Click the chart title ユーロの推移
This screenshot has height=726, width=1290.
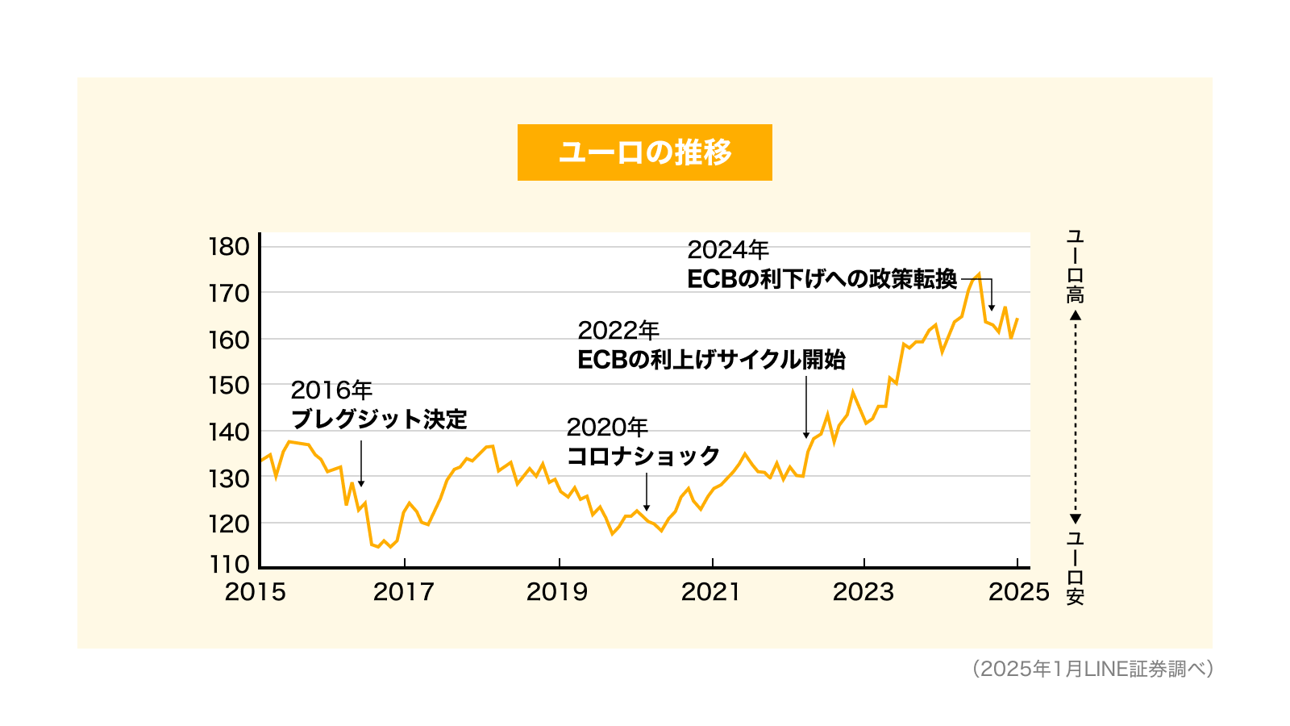[645, 152]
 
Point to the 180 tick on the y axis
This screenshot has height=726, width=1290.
[229, 247]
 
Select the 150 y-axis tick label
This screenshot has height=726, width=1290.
[229, 386]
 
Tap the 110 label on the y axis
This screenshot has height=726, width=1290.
[229, 564]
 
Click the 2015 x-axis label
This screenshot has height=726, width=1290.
[255, 592]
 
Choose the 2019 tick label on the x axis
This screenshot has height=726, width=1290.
[557, 592]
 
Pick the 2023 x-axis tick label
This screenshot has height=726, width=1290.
[863, 592]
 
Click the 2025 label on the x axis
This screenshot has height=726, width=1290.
[1019, 592]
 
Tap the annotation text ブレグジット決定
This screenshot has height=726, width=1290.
[379, 419]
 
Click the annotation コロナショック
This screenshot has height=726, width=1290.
[643, 456]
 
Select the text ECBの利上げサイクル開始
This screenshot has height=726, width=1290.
[711, 360]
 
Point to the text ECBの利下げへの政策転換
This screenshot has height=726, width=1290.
[822, 279]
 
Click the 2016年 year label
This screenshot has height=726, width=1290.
[331, 390]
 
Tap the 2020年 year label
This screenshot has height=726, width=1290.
[607, 427]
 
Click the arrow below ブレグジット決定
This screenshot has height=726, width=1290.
[361, 464]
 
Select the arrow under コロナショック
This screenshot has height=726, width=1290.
[647, 492]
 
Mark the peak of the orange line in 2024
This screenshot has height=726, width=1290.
[979, 274]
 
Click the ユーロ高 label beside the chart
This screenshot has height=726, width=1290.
[1076, 266]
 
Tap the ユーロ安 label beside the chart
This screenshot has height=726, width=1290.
[1076, 568]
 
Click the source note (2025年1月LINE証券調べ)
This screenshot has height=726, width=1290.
[1092, 669]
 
